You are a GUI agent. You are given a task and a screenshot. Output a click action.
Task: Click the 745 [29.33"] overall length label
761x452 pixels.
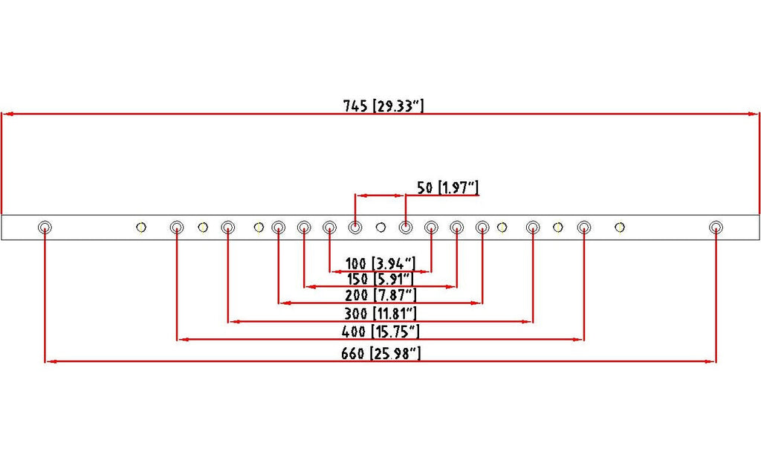coord(383,106)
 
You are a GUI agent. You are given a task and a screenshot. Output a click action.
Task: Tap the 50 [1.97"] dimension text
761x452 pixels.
coord(448,187)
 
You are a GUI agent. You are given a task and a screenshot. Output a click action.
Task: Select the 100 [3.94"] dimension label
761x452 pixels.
coord(380,264)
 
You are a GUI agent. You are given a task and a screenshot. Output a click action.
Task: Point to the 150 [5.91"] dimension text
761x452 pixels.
coord(380,280)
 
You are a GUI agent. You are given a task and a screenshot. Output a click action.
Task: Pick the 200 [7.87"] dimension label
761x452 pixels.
coord(380,294)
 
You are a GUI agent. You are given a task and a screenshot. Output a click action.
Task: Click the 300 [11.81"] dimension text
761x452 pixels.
coord(380,313)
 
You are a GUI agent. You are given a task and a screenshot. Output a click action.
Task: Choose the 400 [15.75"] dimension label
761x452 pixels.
coord(380,332)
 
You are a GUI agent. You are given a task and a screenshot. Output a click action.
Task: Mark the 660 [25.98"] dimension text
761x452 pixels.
coord(380,353)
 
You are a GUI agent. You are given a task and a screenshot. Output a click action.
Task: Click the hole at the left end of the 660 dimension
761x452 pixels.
coord(45,227)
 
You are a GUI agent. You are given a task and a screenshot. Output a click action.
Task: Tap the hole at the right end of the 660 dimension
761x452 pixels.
coord(716,227)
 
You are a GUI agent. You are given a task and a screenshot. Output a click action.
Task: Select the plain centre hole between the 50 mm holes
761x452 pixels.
coord(380,227)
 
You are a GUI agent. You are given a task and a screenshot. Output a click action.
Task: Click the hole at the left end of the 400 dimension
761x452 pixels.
coord(177,227)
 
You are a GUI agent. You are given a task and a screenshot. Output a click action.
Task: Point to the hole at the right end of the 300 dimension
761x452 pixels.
coord(533,227)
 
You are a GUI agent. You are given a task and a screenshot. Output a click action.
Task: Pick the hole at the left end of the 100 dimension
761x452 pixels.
coord(329,227)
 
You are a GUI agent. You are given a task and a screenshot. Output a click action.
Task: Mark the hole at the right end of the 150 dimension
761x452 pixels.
coord(457,227)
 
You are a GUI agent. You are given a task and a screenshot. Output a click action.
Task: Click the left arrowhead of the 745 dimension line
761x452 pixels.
coord(6,114)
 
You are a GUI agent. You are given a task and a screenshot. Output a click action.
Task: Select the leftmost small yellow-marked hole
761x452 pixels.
coord(141,227)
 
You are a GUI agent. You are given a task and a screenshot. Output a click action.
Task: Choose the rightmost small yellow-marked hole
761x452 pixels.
coord(620,227)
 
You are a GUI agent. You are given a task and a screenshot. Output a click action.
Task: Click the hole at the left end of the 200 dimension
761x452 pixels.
coord(278,227)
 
